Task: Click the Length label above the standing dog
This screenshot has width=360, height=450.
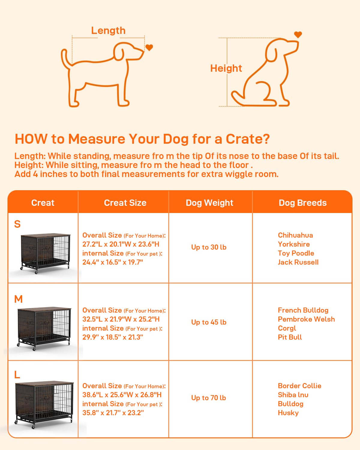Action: click(x=108, y=31)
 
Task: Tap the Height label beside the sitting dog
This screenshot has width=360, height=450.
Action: click(x=226, y=68)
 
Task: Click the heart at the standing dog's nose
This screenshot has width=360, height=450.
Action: click(x=149, y=47)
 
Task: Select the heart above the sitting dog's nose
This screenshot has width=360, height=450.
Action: click(x=298, y=34)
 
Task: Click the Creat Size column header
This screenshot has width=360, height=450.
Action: click(x=125, y=203)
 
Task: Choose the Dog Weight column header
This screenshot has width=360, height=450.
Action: click(x=209, y=203)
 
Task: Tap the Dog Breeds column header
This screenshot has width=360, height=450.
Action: click(x=303, y=203)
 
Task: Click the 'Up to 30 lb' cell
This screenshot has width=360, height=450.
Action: click(x=209, y=247)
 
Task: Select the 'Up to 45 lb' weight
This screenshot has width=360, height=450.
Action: click(x=209, y=322)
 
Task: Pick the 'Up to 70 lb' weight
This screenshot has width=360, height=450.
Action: click(x=208, y=398)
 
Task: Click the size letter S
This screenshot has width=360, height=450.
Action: click(x=17, y=224)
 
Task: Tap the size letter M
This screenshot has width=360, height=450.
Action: click(x=18, y=299)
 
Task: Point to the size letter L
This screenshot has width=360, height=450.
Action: click(x=17, y=375)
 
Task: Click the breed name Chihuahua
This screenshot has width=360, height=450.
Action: click(x=295, y=235)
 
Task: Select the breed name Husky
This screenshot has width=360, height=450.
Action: click(x=288, y=413)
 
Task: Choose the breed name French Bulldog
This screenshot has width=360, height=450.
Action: click(x=303, y=310)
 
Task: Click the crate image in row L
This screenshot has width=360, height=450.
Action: click(x=44, y=404)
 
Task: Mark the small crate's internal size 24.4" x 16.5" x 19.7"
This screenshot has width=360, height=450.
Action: click(x=113, y=262)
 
